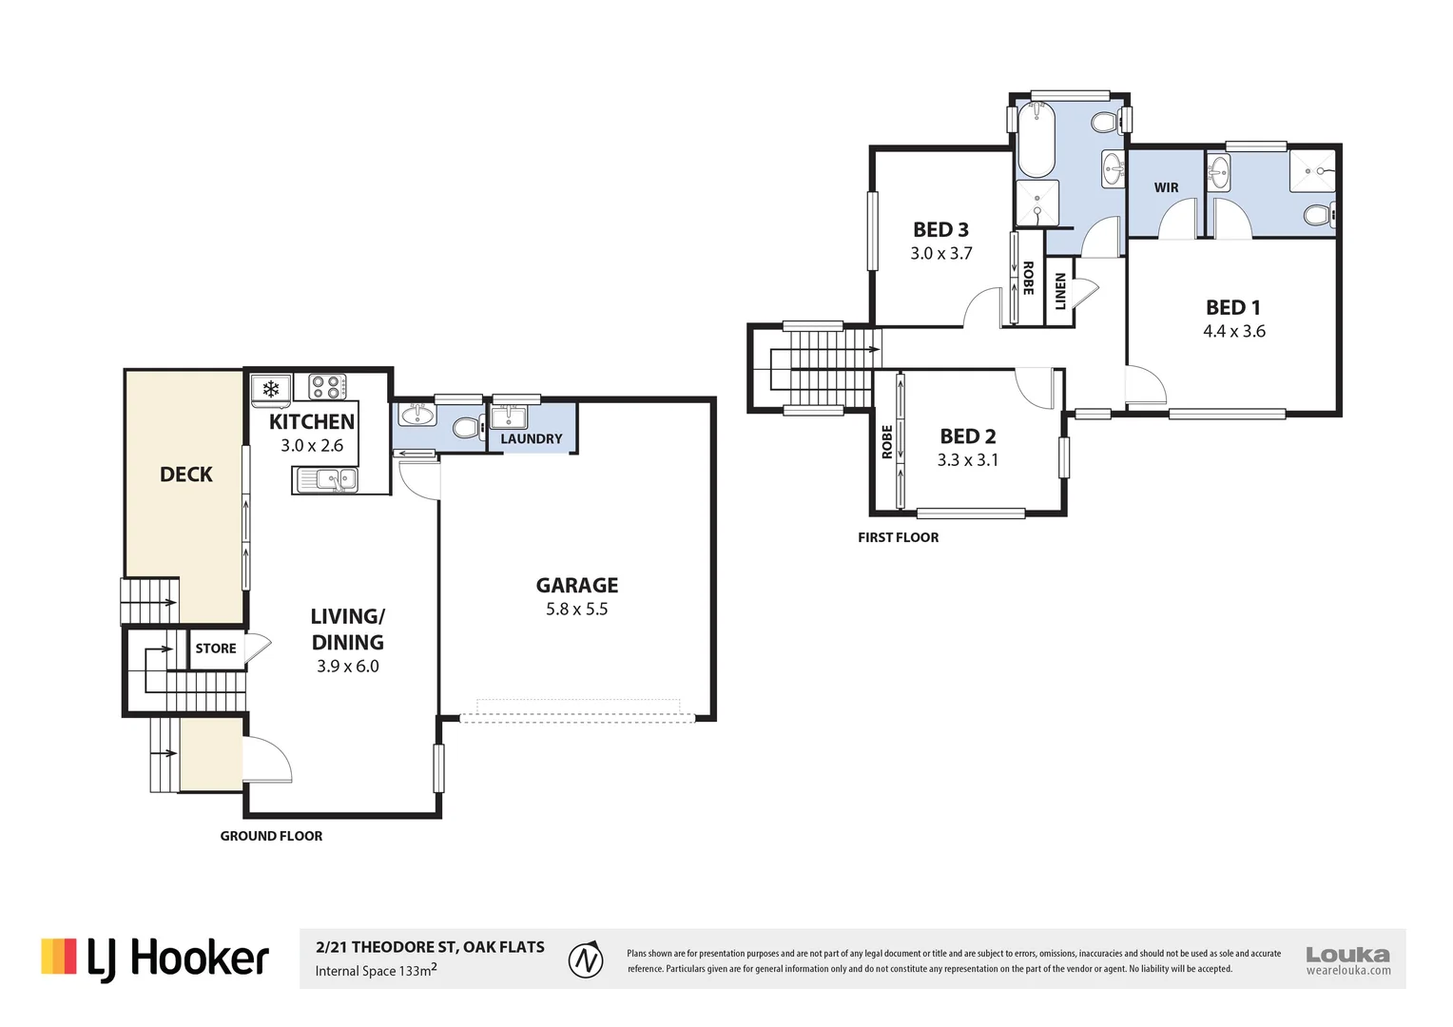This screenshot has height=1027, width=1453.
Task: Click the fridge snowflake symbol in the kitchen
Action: click(270, 389)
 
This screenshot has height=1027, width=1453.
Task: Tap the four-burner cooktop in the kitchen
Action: click(327, 387)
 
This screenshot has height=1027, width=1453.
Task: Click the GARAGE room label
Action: click(576, 585)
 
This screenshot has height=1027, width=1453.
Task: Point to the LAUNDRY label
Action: click(532, 439)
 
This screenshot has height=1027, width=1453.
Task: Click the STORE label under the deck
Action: click(216, 649)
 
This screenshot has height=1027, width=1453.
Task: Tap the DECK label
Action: click(186, 475)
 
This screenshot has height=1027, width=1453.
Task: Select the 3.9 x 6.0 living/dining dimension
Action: click(348, 667)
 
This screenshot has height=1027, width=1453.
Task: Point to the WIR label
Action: click(1166, 187)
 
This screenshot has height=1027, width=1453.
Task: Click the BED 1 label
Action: click(1233, 307)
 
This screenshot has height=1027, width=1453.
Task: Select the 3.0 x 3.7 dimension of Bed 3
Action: click(941, 254)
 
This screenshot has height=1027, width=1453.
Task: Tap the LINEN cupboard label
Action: click(1060, 291)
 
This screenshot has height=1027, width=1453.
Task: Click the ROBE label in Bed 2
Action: click(886, 442)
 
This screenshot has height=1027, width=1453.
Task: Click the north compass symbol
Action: click(586, 959)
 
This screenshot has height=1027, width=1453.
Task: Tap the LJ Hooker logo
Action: click(155, 959)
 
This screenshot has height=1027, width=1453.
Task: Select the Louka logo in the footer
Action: click(1347, 960)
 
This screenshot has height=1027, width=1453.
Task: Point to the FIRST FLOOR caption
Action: click(898, 537)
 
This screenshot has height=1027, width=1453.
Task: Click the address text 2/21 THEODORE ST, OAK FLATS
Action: click(430, 947)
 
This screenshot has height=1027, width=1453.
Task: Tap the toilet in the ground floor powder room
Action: click(468, 428)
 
